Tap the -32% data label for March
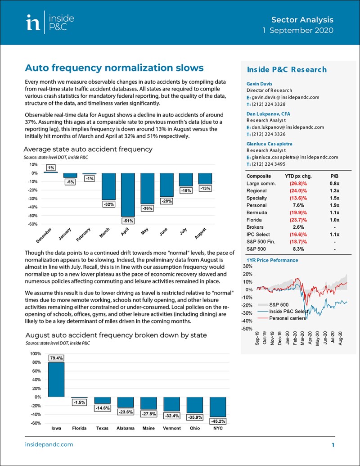pyautogui.click(x=108, y=204)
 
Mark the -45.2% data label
pyautogui.click(x=218, y=421)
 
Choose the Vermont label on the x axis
pyautogui.click(x=171, y=428)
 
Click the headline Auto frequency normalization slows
pyautogui.click(x=114, y=68)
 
